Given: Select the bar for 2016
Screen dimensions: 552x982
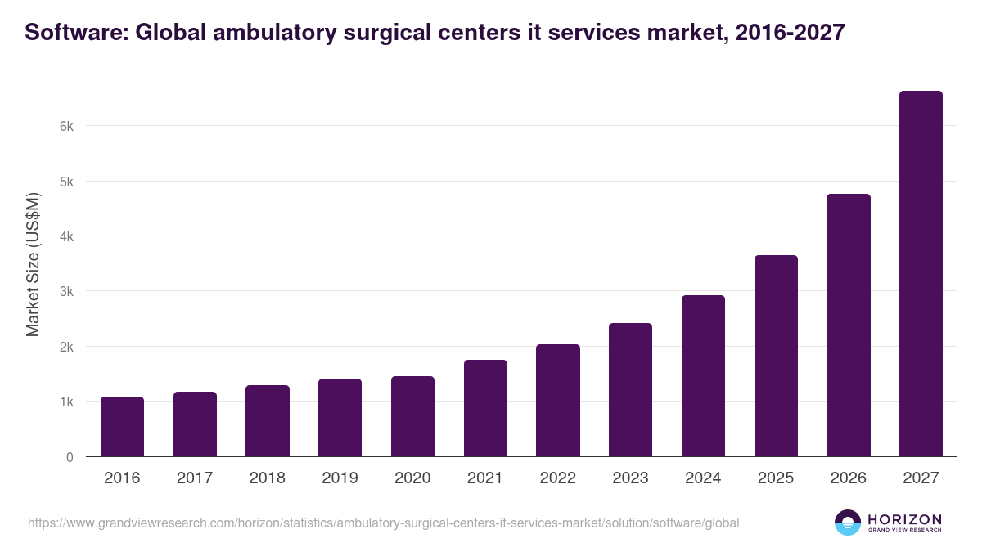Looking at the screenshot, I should point(122,427).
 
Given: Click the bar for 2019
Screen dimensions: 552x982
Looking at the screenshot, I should point(340,418).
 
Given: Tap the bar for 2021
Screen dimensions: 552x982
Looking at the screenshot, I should point(485,408).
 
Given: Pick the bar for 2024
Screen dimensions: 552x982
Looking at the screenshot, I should point(703,376).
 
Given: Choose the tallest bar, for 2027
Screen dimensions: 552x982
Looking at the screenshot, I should point(921,274).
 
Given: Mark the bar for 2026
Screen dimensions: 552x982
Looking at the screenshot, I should point(849,325).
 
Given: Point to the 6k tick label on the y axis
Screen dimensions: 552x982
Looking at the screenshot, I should point(66,127).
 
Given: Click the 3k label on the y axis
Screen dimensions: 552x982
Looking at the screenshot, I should point(66,292).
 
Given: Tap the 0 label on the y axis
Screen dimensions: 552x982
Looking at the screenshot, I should point(70,457).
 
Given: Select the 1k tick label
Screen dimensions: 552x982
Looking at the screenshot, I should point(66,402).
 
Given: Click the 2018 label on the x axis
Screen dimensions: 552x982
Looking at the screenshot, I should point(267,478).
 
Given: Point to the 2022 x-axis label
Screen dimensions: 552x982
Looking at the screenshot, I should point(557,478).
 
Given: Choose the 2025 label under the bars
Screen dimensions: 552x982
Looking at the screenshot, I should point(775,478).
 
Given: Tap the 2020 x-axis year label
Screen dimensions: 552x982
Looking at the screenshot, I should point(412,478).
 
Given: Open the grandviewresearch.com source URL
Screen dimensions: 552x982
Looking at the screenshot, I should point(383,523).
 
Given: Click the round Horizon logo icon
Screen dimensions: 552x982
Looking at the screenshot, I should point(848,523).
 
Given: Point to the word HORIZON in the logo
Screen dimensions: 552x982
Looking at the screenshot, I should point(905,518).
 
